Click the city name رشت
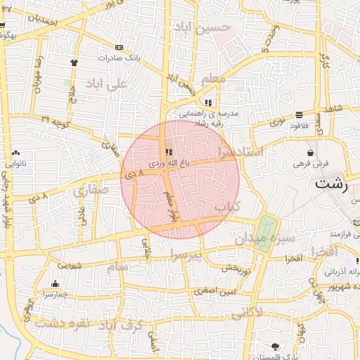click(x=332, y=185)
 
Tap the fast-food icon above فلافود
click(x=300, y=114)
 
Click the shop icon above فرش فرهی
click(x=310, y=153)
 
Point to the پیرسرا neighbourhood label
click(x=186, y=253)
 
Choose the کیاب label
click(x=227, y=207)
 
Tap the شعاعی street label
click(x=70, y=265)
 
